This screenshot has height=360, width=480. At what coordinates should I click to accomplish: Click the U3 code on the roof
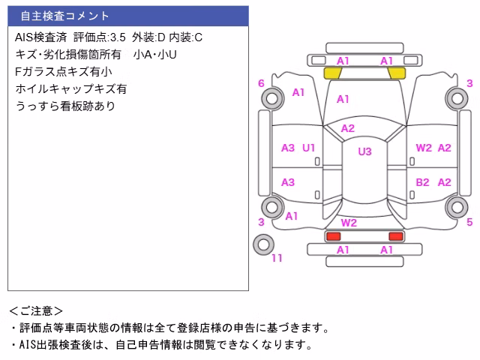pyautogui.click(x=364, y=151)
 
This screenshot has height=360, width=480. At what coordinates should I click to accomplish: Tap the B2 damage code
pyautogui.click(x=422, y=182)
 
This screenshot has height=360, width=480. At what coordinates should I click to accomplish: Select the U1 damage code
pyautogui.click(x=308, y=148)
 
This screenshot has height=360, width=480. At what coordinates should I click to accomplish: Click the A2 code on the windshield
pyautogui.click(x=348, y=128)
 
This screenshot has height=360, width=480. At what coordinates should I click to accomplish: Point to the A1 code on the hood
pyautogui.click(x=343, y=99)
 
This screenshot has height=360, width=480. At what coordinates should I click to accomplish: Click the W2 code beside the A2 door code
pyautogui.click(x=424, y=148)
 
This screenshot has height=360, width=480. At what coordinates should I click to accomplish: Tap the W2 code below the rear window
pyautogui.click(x=349, y=223)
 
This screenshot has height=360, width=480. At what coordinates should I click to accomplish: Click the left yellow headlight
pyautogui.click(x=333, y=73)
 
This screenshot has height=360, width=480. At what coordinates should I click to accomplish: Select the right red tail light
pyautogui.click(x=396, y=236)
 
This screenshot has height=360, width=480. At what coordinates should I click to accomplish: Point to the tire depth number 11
pyautogui.click(x=277, y=258)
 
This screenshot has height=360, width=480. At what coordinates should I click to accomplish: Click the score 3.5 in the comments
pyautogui.click(x=118, y=37)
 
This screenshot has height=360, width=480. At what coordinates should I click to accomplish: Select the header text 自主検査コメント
pyautogui.click(x=65, y=16)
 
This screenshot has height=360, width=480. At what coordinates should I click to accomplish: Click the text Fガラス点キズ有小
pyautogui.click(x=63, y=72)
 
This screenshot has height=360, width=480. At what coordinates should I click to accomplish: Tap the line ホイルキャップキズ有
pyautogui.click(x=71, y=88)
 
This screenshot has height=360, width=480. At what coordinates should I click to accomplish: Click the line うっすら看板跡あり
pyautogui.click(x=65, y=106)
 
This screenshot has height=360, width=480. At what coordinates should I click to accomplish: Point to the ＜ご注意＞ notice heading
pyautogui.click(x=36, y=311)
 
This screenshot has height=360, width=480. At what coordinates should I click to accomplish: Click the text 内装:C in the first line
pyautogui.click(x=185, y=37)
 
